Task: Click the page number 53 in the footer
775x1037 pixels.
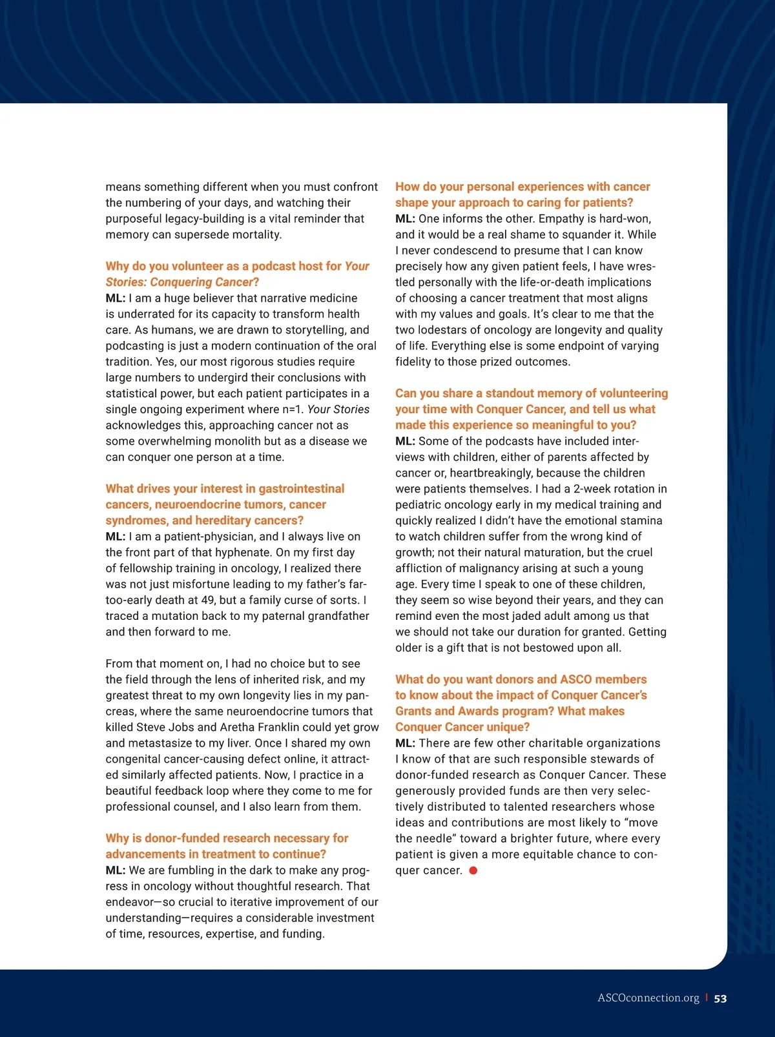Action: point(720,998)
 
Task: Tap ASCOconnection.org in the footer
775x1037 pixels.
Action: point(648,998)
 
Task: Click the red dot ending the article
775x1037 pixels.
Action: point(473,870)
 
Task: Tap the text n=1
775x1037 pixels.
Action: point(290,409)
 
